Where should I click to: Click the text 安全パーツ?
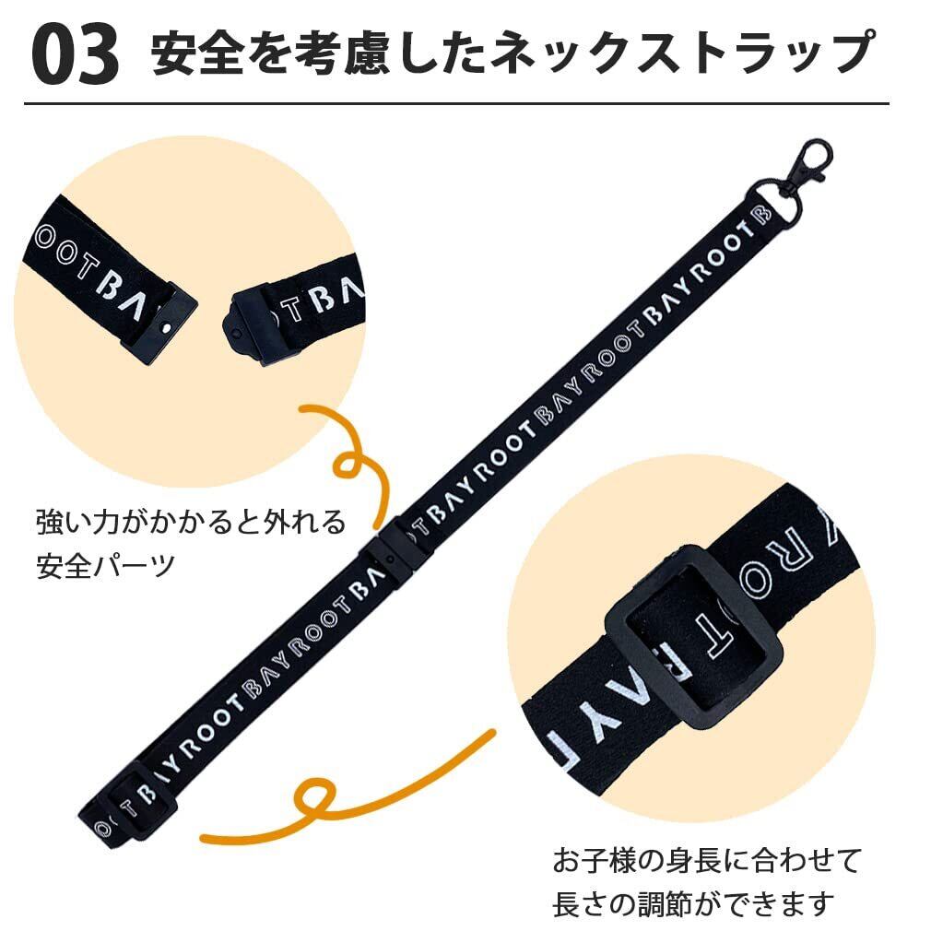(105, 564)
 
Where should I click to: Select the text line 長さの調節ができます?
(693, 902)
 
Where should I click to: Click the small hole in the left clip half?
(165, 326)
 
